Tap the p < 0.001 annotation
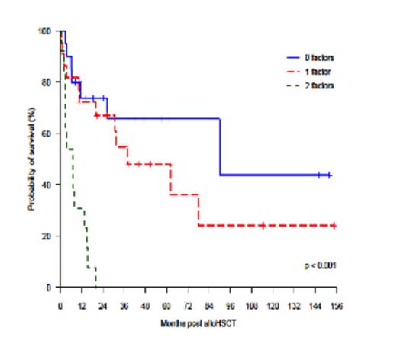tap(320, 265)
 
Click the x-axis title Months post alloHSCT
tap(199, 323)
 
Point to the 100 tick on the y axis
tap(48, 31)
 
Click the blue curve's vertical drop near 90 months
tap(220, 146)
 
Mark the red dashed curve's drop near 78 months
tap(198, 211)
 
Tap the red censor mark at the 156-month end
tap(334, 226)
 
